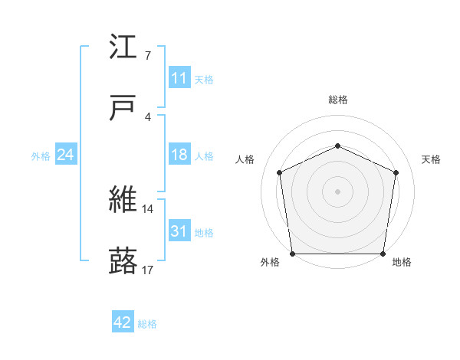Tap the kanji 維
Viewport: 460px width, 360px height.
[x=123, y=200]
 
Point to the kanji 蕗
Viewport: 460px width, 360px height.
[x=123, y=261]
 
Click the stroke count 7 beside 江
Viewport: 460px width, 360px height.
[x=147, y=56]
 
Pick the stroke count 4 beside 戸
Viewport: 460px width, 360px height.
[x=147, y=117]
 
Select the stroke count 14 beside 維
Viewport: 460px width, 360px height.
[x=148, y=208]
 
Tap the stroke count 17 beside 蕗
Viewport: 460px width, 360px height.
[x=148, y=270]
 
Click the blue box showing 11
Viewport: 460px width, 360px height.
[x=179, y=78]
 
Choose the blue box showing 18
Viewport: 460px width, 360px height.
[x=179, y=155]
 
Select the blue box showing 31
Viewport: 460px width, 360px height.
[x=179, y=231]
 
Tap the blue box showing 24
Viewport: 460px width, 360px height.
[x=66, y=155]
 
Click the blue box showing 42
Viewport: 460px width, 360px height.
[x=123, y=322]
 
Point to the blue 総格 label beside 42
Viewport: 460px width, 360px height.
[x=147, y=324]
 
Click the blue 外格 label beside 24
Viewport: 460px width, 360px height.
[x=41, y=156]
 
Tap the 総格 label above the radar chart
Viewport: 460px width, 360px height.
[x=337, y=100]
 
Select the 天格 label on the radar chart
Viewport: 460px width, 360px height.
[x=432, y=159]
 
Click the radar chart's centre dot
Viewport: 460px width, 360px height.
[x=337, y=191]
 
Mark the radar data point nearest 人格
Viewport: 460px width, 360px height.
[x=280, y=172]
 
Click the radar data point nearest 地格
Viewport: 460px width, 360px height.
[x=383, y=254]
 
